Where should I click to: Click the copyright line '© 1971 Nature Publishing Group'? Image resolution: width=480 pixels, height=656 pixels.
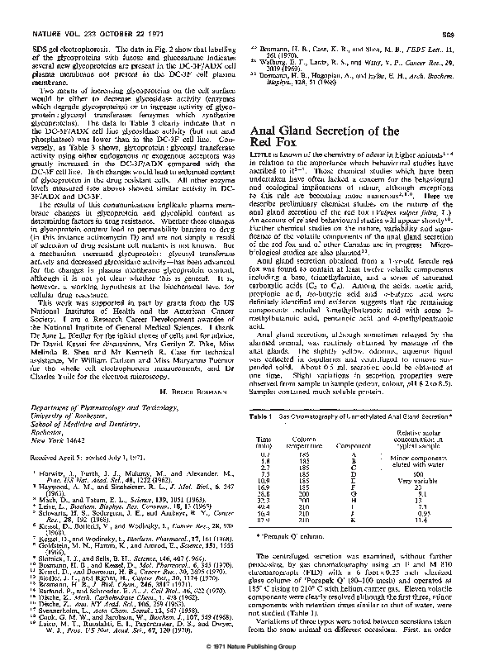coord(240,646)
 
